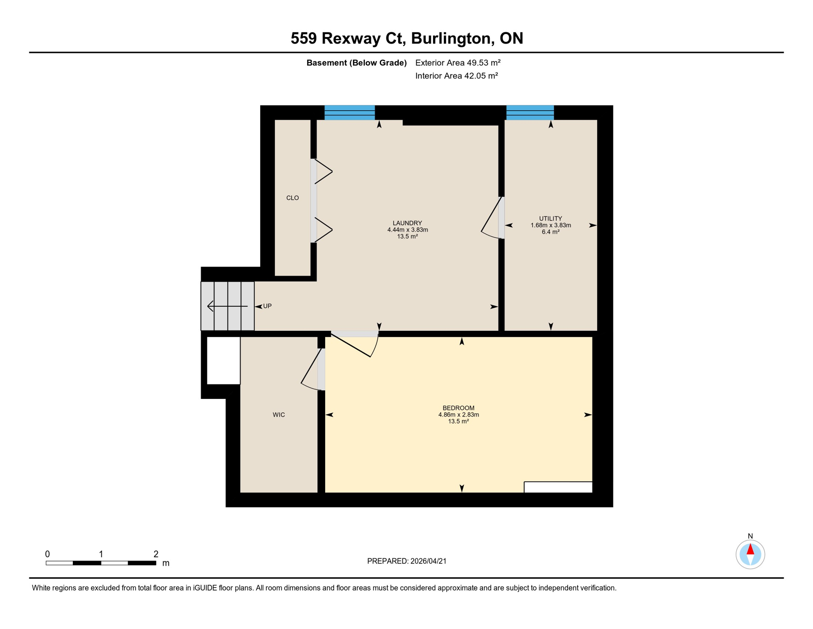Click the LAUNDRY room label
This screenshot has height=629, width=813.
pos(407,223)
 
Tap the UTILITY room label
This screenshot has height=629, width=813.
pos(550,219)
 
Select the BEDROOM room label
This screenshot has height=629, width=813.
pos(458,408)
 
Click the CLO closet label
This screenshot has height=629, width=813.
pos(292,198)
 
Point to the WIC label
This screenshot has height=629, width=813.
pos(279,415)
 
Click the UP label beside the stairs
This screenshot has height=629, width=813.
pos(267,306)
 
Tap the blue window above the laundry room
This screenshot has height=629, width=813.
pos(350,112)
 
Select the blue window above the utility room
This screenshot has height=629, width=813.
pos(530,112)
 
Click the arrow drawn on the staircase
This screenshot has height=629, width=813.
pos(227,306)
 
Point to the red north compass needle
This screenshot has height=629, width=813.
pos(750,549)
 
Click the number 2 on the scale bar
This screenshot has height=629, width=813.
pos(156,554)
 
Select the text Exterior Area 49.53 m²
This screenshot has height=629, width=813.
pos(458,63)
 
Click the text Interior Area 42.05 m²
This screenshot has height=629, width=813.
pos(456,76)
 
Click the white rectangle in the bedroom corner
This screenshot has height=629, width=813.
pos(558,487)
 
